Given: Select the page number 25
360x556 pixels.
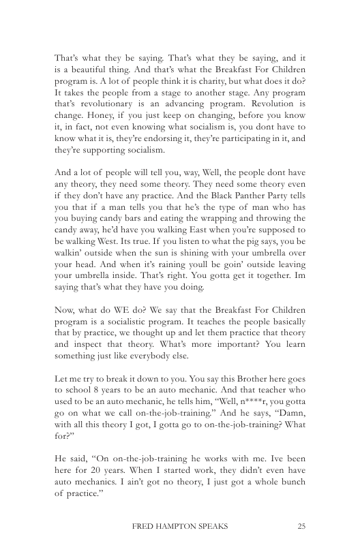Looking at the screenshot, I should click(x=303, y=526).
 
